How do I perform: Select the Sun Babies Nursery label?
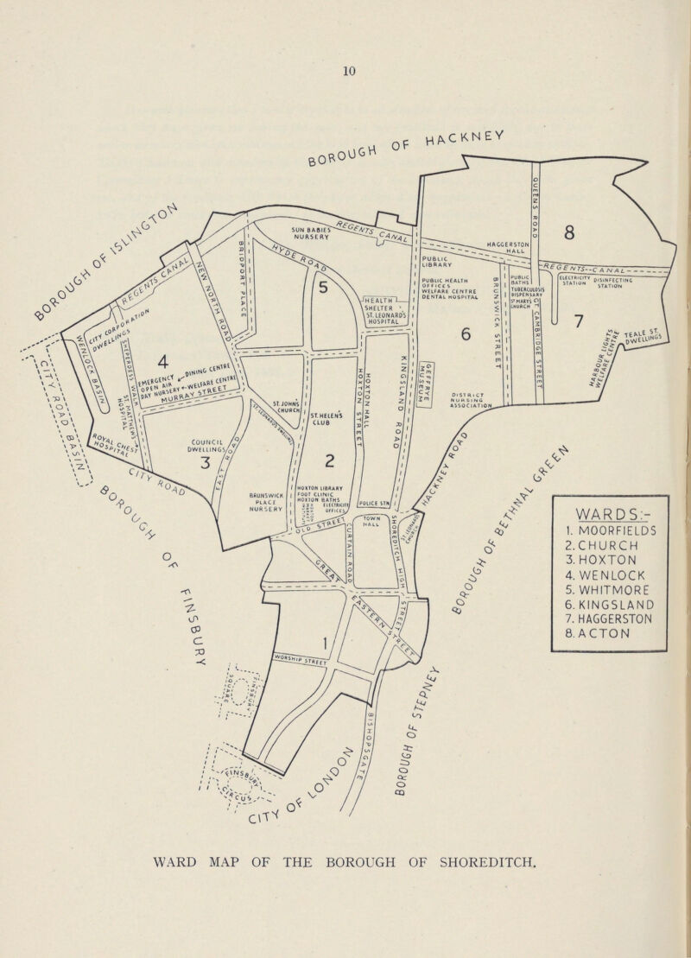[x=293, y=232]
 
